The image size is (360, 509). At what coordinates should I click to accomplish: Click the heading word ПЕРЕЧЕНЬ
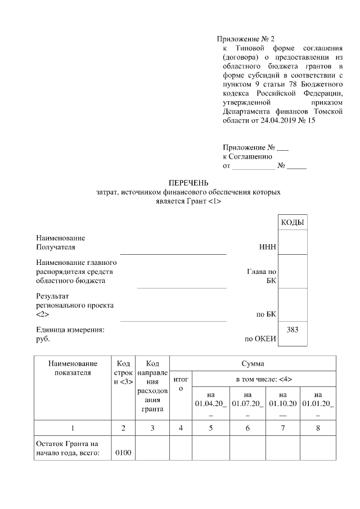[189, 183]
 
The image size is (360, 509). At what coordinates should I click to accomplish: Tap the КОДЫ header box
[292, 223]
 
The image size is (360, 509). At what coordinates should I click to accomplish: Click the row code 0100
[123, 454]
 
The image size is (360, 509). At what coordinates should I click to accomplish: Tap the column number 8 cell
[318, 429]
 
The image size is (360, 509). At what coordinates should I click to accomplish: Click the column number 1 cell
[72, 429]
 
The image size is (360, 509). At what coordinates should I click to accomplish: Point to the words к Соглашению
[247, 157]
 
